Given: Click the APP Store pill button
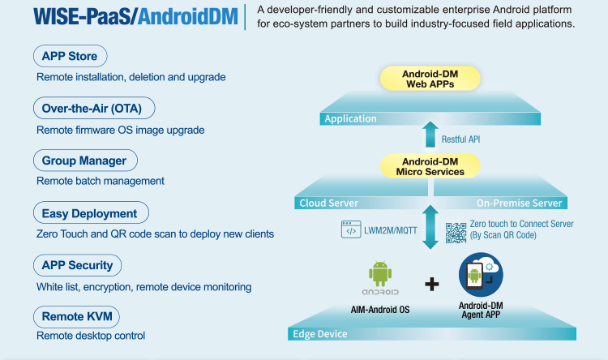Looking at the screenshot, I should coord(70,57).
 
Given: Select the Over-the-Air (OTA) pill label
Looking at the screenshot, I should coord(93,109).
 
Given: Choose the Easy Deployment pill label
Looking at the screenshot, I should coord(90,213).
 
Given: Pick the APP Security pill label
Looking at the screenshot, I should coord(77,265).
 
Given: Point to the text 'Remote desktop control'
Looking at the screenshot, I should coord(91,336).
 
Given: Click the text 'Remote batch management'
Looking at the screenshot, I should coord(101,181).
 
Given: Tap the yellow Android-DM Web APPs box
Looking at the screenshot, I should coord(430,78).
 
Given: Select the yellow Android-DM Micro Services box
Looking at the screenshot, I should coord(430,166).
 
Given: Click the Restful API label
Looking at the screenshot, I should coord(460,139).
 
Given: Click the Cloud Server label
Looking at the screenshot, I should coord(328,203).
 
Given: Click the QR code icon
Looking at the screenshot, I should coord(456,230).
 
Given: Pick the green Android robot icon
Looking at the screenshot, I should coord(379,273).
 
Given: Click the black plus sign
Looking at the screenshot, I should coord(432,284).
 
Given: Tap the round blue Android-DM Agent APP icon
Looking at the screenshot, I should coord(481,274).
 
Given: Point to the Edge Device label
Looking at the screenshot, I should coord(321,334).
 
